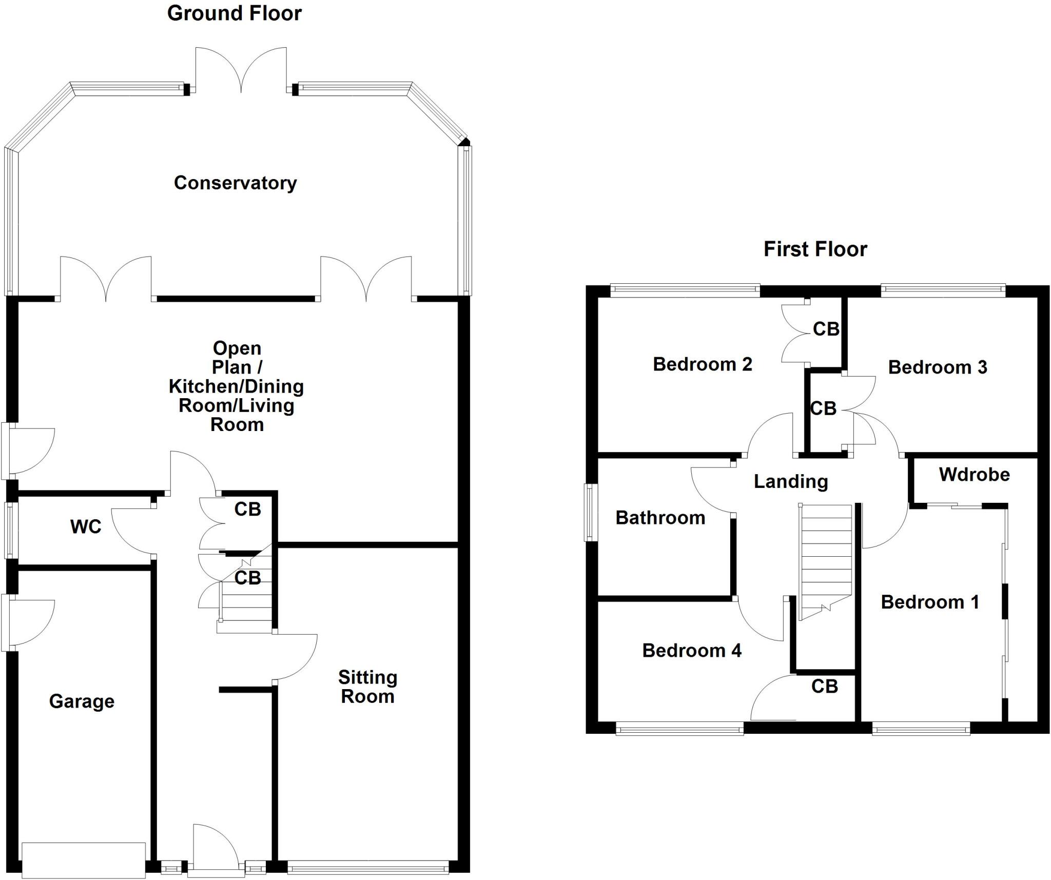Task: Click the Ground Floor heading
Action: (234, 13)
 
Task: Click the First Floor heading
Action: (815, 249)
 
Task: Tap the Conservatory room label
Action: (235, 183)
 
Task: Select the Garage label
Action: (82, 701)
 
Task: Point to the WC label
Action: (86, 526)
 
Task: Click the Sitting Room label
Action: (367, 687)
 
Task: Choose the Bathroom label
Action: (660, 518)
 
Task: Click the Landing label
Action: (790, 481)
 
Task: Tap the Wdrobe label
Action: (974, 475)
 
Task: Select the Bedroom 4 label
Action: (691, 651)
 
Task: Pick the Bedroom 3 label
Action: (937, 367)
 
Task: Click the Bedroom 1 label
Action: (929, 602)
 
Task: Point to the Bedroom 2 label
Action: (702, 364)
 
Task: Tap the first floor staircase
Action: (825, 559)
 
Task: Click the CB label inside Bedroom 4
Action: (824, 687)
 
